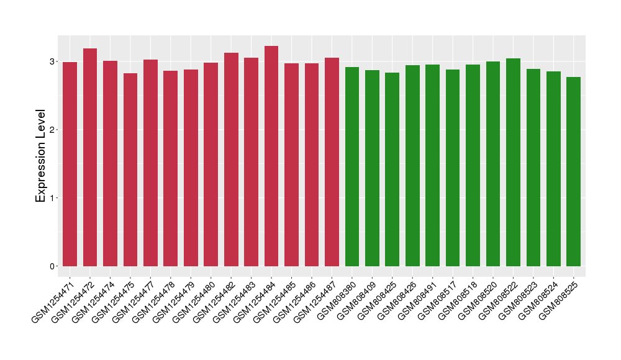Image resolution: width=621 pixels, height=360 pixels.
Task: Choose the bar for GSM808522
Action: click(513, 162)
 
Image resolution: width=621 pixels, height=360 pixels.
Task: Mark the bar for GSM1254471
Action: click(70, 164)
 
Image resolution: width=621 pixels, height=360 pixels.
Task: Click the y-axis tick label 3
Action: click(53, 61)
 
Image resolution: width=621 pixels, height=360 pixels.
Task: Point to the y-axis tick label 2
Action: click(53, 130)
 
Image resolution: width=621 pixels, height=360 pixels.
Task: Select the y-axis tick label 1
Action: click(53, 198)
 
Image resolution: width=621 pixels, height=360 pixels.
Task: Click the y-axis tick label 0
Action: click(53, 266)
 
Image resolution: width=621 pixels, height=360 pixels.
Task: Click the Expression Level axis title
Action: click(41, 156)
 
